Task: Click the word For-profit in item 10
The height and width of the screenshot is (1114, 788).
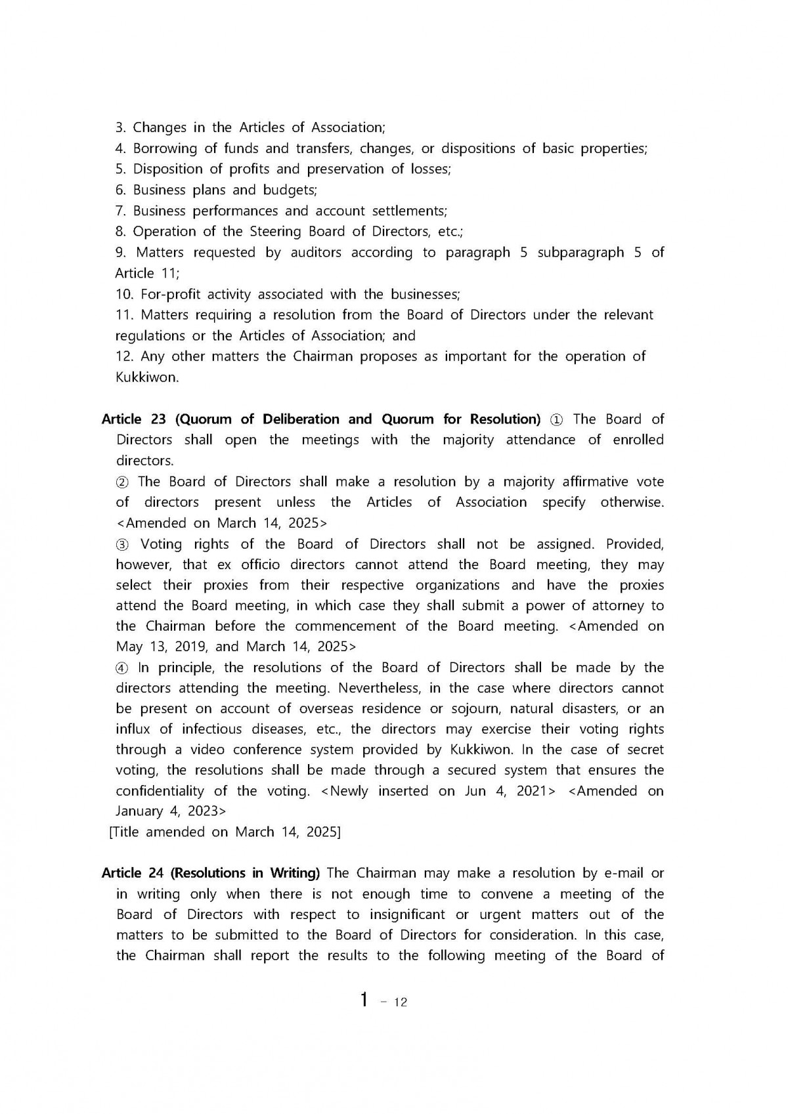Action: click(x=172, y=294)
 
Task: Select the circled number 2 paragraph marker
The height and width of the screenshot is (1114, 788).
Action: click(x=122, y=482)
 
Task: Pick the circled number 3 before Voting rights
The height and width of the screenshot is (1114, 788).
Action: click(x=122, y=544)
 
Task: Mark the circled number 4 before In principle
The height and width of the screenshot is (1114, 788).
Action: click(x=122, y=668)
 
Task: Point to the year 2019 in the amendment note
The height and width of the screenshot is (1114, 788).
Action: click(x=190, y=647)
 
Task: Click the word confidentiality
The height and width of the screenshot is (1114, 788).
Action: click(x=160, y=791)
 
